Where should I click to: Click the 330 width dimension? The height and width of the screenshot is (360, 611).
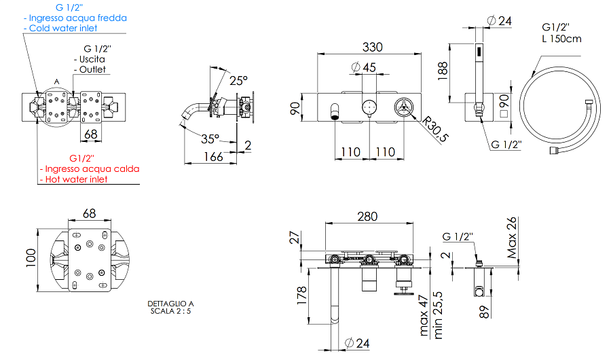pyautogui.click(x=372, y=47)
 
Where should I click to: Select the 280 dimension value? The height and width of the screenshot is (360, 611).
pyautogui.click(x=368, y=217)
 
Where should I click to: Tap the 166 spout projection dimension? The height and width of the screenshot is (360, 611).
pyautogui.click(x=212, y=158)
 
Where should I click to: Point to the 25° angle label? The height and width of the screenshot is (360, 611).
pyautogui.click(x=238, y=80)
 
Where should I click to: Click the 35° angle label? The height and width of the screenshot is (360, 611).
pyautogui.click(x=210, y=139)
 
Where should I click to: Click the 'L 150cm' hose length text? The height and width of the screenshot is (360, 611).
pyautogui.click(x=561, y=39)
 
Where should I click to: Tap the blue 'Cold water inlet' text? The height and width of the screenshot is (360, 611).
pyautogui.click(x=61, y=29)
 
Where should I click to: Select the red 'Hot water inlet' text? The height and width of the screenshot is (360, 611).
pyautogui.click(x=75, y=179)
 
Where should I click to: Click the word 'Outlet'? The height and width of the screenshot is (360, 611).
pyautogui.click(x=92, y=69)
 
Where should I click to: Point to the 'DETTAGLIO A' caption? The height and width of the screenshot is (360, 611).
pyautogui.click(x=170, y=304)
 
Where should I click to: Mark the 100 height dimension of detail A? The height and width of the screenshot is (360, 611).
pyautogui.click(x=31, y=258)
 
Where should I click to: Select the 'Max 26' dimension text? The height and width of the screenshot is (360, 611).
pyautogui.click(x=512, y=238)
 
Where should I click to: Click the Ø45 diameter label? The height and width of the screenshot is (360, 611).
pyautogui.click(x=365, y=67)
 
